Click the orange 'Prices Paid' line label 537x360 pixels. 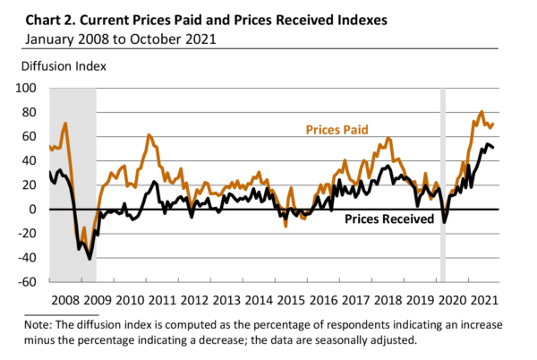(x=337, y=130)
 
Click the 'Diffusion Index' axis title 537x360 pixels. (x=50, y=65)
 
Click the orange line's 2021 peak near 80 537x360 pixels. (x=482, y=112)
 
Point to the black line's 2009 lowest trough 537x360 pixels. (x=89, y=258)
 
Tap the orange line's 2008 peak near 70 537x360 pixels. (x=65, y=124)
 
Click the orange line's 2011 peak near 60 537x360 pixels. (x=149, y=135)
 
